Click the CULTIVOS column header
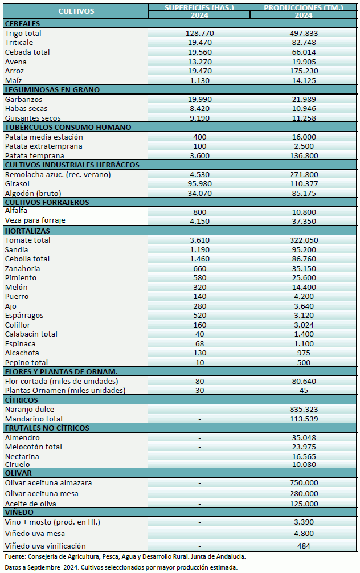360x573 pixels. pos(76,11)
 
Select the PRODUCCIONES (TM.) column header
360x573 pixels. pos(304,7)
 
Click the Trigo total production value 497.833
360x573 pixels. pos(304,34)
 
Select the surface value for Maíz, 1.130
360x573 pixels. pos(199,80)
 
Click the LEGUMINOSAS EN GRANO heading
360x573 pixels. pos(52,89)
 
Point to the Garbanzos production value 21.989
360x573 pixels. pos(304,99)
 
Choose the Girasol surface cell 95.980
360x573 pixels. pos(199,184)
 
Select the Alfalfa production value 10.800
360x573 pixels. pos(304,211)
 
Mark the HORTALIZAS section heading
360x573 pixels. pos(27,231)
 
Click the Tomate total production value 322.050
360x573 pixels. pos(304,240)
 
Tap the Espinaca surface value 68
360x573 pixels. pos(199,343)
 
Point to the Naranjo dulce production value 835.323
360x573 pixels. pos(304,410)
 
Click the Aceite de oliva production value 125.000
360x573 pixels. pos(304,504)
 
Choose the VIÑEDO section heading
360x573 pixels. pos(21,513)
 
